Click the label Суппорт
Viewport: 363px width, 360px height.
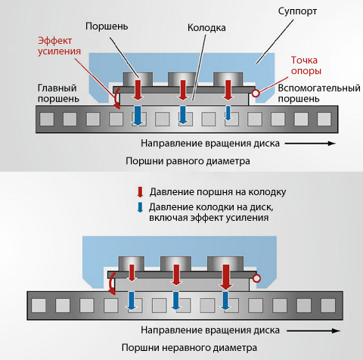pyautogui.click(x=297, y=11)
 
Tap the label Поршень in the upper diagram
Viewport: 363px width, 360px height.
pyautogui.click(x=107, y=26)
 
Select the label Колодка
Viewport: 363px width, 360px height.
pyautogui.click(x=206, y=28)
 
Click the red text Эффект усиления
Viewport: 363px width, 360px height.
pyautogui.click(x=59, y=46)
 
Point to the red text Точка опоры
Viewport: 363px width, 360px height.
pyautogui.click(x=306, y=65)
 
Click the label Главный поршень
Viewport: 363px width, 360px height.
pyautogui.click(x=58, y=93)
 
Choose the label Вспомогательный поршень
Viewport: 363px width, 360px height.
pyautogui.click(x=319, y=93)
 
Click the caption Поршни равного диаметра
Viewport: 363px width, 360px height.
pyautogui.click(x=188, y=161)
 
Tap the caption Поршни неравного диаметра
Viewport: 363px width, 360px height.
pyautogui.click(x=189, y=348)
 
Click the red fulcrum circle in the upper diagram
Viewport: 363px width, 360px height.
pyautogui.click(x=256, y=93)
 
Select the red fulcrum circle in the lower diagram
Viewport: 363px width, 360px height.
pyautogui.click(x=256, y=278)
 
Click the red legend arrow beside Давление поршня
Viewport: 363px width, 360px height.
pyautogui.click(x=140, y=192)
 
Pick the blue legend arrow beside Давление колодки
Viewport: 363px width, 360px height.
pyautogui.click(x=140, y=207)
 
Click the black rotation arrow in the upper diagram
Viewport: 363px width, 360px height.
pyautogui.click(x=310, y=144)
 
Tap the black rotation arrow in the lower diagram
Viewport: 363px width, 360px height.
pyautogui.click(x=314, y=331)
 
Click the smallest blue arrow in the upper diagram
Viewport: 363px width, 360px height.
pyautogui.click(x=228, y=113)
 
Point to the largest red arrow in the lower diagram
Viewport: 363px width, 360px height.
pyautogui.click(x=226, y=277)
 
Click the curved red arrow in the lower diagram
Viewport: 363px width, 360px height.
pyautogui.click(x=111, y=284)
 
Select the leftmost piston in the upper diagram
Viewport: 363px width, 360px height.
pyautogui.click(x=138, y=79)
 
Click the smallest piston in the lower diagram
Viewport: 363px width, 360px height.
pyautogui.click(x=132, y=264)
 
